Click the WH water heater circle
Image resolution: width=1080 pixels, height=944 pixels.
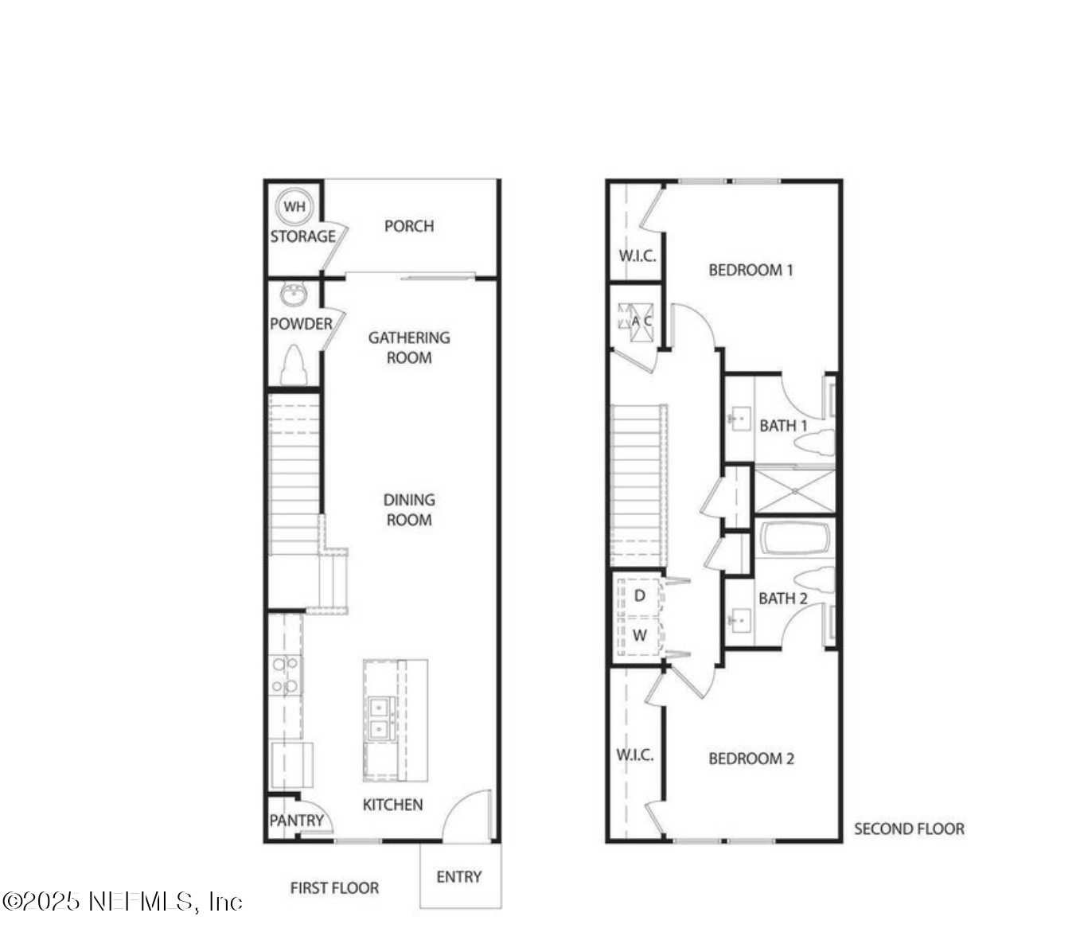click(x=294, y=207)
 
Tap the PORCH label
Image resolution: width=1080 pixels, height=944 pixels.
click(x=409, y=226)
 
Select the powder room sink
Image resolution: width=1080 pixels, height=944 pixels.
click(x=293, y=295)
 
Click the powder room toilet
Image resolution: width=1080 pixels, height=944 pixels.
click(x=294, y=366)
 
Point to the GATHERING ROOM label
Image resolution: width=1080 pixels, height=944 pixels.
click(x=409, y=348)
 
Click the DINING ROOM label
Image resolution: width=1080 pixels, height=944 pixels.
click(x=409, y=510)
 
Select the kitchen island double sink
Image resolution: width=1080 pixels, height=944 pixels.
click(x=381, y=719)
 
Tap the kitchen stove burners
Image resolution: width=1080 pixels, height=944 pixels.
click(x=285, y=675)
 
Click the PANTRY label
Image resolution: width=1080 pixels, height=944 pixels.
click(x=296, y=821)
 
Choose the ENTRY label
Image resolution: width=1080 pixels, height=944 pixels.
click(x=459, y=877)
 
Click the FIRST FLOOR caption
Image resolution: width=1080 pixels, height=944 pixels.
click(x=334, y=888)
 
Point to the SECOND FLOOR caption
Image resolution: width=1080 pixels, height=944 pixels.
click(x=909, y=829)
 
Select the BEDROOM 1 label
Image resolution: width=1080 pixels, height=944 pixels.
click(x=751, y=270)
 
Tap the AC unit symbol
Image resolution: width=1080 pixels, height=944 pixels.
click(x=636, y=321)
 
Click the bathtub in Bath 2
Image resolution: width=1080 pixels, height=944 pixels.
click(x=795, y=539)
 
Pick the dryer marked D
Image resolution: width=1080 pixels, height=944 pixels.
click(x=639, y=596)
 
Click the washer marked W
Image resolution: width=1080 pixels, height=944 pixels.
click(x=639, y=636)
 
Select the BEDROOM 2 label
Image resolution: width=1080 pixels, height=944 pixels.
click(x=751, y=759)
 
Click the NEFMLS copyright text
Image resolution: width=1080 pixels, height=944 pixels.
click(x=122, y=902)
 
